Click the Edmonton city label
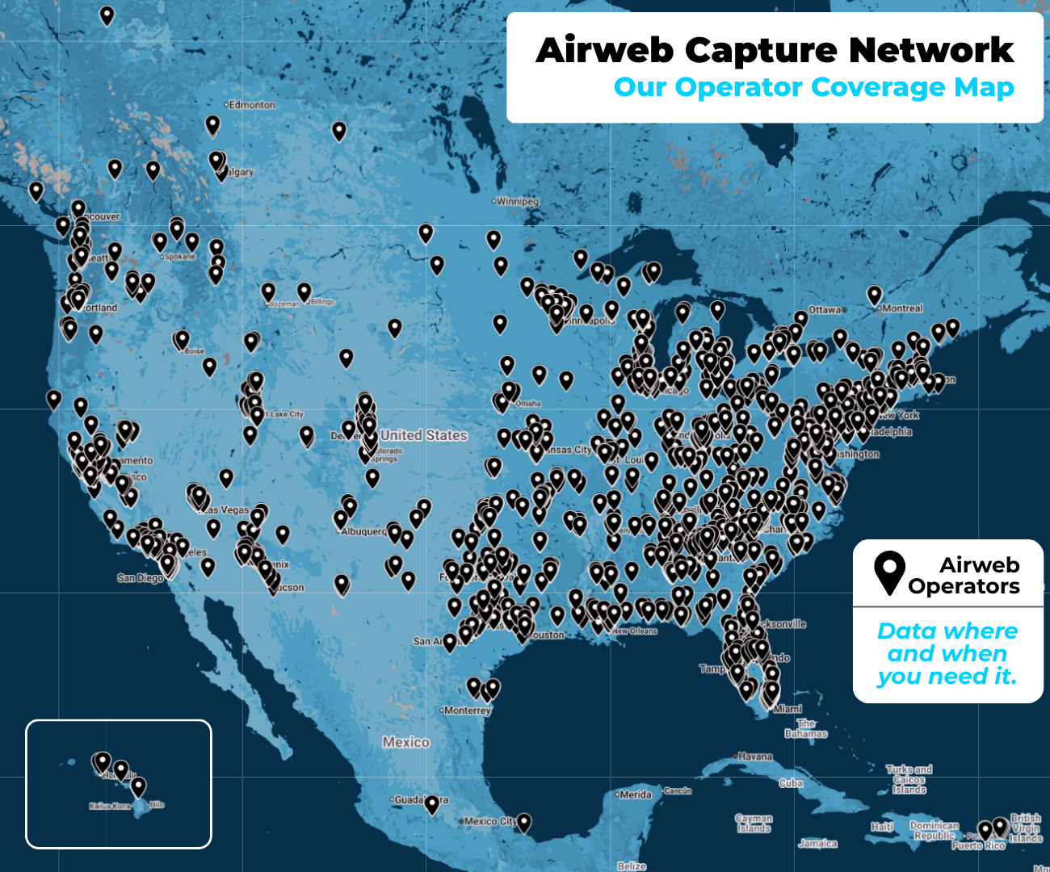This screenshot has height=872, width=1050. pos(251,105)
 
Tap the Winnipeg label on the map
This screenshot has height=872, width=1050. pos(517,201)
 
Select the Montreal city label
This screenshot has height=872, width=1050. pos(902,308)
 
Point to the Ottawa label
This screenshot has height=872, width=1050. pos(825,310)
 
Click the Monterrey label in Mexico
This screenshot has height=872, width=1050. pos(468,711)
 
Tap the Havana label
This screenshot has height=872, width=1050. pos(755,757)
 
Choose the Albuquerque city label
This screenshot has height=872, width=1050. pos(364,531)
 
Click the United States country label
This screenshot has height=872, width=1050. pos(424,435)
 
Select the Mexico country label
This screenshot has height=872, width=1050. pos(406,742)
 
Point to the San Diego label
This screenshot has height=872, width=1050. pos(139,578)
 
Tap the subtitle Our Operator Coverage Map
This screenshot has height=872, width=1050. pos(813,87)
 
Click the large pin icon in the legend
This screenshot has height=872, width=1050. pos(889,572)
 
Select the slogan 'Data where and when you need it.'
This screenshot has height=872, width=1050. pos(947,653)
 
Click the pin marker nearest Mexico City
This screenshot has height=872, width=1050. pos(524,821)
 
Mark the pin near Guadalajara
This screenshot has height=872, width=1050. pos(432,803)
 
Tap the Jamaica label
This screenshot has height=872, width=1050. pos(817,843)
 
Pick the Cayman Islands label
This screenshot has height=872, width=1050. pos(754,823)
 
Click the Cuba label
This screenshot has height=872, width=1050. pos(791,783)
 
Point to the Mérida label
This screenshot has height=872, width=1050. pos(636,794)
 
